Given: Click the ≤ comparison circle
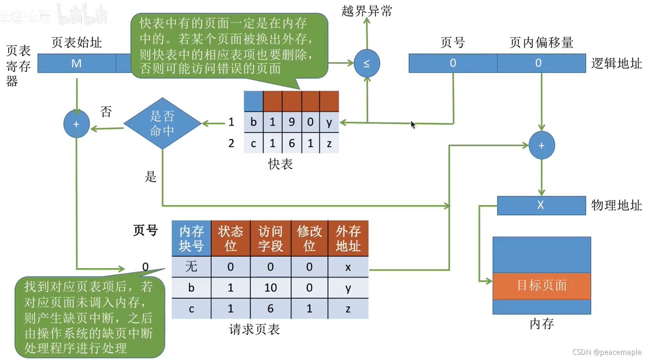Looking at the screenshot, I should [x=367, y=63].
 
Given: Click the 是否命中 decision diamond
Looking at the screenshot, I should [x=162, y=123].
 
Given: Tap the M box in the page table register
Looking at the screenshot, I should [x=77, y=63].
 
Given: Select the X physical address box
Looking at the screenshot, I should [x=541, y=205].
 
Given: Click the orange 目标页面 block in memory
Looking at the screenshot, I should [x=541, y=286].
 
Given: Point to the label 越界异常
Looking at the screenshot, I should [x=367, y=11].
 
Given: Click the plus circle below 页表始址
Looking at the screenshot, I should [x=76, y=124].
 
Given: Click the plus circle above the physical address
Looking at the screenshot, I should [x=541, y=145].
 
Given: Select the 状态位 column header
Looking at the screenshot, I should [x=230, y=238].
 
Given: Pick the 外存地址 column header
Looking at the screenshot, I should [x=348, y=238].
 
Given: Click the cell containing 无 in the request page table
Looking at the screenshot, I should [x=191, y=267].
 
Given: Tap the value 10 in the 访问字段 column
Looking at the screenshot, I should [x=270, y=288].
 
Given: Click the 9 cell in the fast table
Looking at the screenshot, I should [x=291, y=122].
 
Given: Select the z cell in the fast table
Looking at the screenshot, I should [x=329, y=144].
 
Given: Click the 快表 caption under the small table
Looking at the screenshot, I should [x=280, y=164].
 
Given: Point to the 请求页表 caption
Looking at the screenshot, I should [x=254, y=329].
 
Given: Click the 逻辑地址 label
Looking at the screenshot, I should [x=616, y=63].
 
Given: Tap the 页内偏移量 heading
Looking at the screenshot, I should [x=541, y=42].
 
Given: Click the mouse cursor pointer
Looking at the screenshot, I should [x=413, y=125].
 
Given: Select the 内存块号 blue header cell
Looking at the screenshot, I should [x=191, y=238].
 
